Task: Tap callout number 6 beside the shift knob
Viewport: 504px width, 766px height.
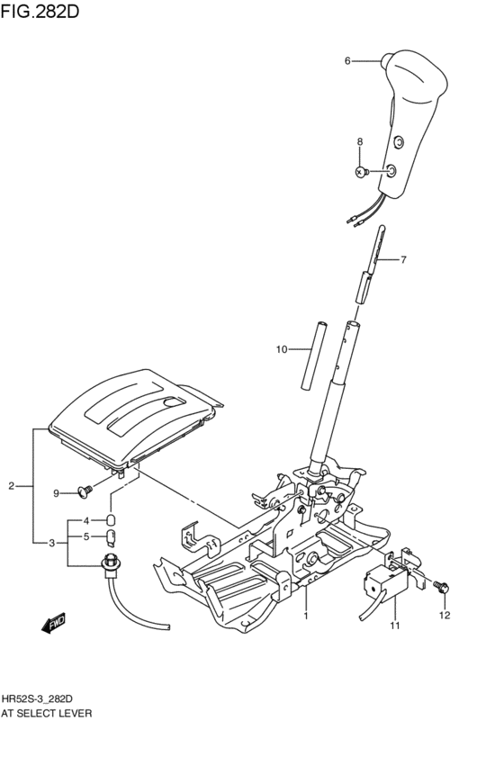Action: tap(347, 61)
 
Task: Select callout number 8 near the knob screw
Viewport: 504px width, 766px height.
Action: tap(360, 142)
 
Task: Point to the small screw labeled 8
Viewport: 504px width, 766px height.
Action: tap(362, 171)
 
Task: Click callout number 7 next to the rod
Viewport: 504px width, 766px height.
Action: tap(403, 260)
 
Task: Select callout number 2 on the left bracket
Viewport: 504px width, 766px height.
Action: tap(12, 487)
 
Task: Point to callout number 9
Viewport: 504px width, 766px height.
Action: tap(56, 492)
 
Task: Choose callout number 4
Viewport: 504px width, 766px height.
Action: tap(87, 521)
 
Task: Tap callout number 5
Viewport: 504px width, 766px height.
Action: tap(87, 538)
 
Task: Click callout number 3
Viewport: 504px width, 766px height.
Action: tap(52, 543)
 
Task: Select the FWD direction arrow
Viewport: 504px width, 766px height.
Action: tap(53, 622)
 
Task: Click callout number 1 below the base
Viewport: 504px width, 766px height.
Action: tap(306, 617)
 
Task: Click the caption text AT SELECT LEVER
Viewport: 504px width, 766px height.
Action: tap(47, 713)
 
